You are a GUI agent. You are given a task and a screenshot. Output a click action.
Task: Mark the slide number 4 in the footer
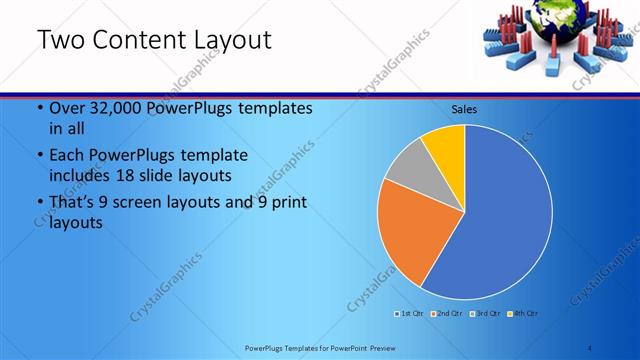[589, 348]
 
